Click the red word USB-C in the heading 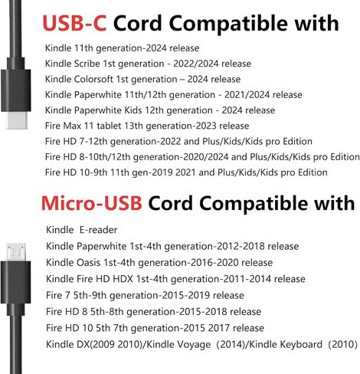point(74,23)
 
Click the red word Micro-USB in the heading point(92,203)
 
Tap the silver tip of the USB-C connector point(16,120)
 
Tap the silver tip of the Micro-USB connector point(16,252)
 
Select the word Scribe point(87,64)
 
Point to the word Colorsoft point(93,79)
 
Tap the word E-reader point(98,230)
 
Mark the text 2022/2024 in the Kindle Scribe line point(195,64)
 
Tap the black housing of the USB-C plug point(16,90)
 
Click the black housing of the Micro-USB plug point(16,282)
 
